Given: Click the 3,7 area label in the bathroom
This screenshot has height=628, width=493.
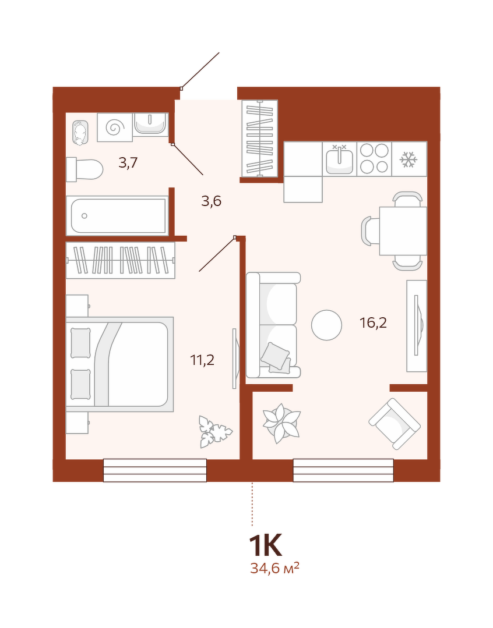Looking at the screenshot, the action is [128, 162].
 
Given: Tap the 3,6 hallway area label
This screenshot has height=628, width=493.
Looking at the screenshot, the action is [212, 201].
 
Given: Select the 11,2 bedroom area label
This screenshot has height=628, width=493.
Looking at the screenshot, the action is [203, 360].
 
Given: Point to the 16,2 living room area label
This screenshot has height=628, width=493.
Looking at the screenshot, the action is [374, 322].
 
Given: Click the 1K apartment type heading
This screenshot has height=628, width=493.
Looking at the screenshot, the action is [266, 545].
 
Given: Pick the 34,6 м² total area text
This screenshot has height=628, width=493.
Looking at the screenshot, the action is [275, 568].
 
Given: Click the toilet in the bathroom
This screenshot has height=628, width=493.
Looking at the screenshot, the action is [84, 169].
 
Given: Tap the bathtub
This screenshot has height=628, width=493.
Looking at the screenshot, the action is [117, 215].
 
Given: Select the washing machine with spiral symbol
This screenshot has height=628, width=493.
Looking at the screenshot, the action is [115, 127].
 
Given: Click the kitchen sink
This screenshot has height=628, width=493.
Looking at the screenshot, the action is [339, 159].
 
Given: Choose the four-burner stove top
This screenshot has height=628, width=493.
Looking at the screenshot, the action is [374, 159].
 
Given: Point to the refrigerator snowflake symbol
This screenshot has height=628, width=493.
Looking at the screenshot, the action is [409, 159].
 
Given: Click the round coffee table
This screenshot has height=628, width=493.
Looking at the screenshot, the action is [326, 325].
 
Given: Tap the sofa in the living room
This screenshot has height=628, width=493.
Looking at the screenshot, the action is [273, 325].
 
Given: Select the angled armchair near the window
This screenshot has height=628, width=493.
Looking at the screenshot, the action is [395, 423].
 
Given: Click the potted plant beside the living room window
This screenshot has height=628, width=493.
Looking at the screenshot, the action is [281, 423].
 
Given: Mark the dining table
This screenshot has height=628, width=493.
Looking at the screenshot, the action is [403, 230].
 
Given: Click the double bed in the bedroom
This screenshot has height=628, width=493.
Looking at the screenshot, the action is [120, 364].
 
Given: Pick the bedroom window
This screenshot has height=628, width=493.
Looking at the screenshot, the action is [155, 470].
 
